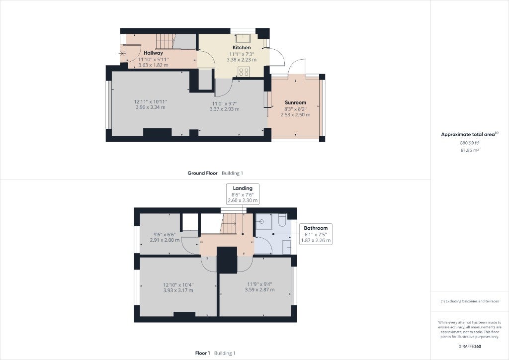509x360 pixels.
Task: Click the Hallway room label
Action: (153, 53)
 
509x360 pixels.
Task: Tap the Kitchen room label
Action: (242, 47)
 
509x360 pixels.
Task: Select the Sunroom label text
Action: (295, 102)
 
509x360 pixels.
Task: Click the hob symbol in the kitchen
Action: (244, 72)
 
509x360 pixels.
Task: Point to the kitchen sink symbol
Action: (242, 38)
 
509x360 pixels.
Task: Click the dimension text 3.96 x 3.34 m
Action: (151, 107)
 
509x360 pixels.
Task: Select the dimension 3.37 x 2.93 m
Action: (225, 109)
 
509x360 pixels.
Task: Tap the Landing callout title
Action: (243, 188)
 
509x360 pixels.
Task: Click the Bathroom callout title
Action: (316, 228)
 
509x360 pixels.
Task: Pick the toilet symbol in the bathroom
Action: (282, 219)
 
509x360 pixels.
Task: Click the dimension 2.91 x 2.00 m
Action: (165, 240)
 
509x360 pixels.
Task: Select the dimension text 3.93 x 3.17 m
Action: (178, 290)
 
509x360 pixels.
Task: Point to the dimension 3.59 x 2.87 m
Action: (259, 289)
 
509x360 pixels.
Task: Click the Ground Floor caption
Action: (203, 174)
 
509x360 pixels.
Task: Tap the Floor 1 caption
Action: (203, 353)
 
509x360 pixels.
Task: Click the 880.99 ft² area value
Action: (470, 143)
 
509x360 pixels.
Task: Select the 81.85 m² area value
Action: (470, 150)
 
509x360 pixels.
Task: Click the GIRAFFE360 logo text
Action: (470, 347)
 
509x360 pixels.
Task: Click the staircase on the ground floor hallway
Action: (165, 41)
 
